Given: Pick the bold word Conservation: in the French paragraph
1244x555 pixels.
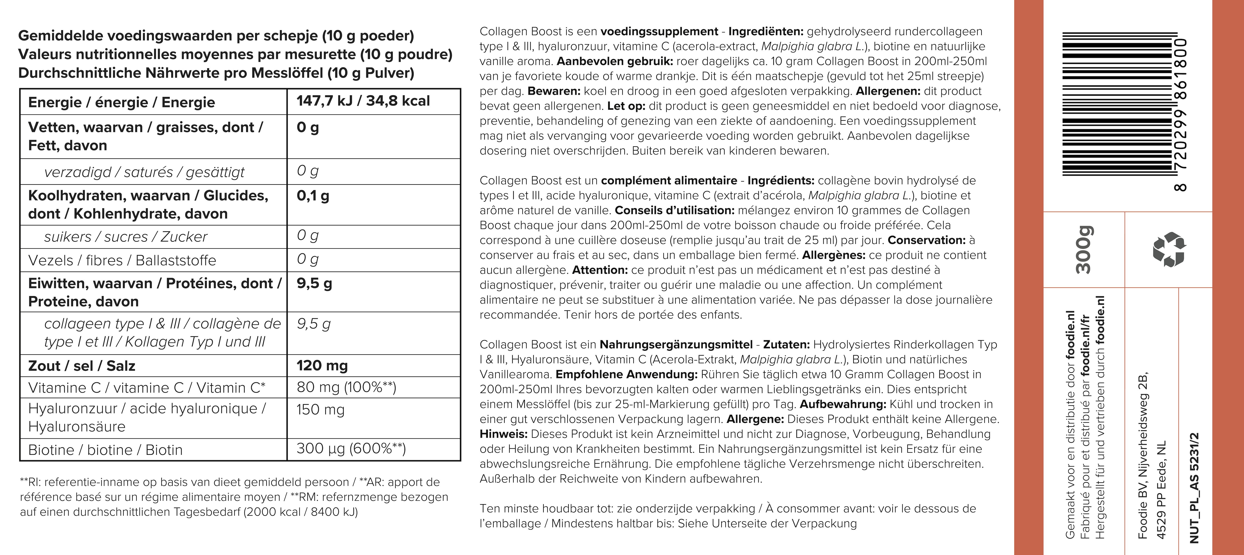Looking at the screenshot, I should (926, 240).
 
